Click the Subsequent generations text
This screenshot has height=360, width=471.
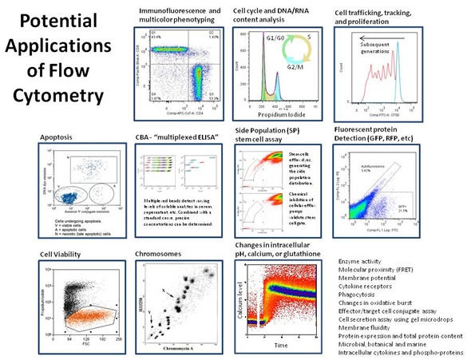(x=384, y=48)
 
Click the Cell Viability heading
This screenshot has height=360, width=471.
(x=63, y=255)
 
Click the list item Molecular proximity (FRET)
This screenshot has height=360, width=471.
(x=381, y=271)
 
